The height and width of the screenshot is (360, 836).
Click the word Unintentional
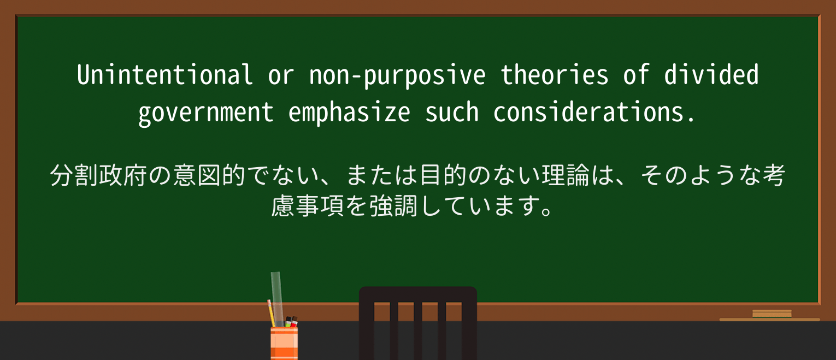point(164,75)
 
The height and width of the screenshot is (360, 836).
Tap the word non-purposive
point(397,75)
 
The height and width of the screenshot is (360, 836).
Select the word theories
point(555,75)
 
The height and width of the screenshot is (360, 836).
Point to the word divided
point(711,75)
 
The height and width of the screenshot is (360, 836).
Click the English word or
point(281,75)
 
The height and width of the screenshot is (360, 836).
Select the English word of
point(637,75)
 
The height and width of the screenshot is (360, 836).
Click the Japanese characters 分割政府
point(91,176)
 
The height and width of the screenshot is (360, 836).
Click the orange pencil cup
point(284,343)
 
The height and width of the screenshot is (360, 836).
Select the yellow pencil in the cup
point(271,314)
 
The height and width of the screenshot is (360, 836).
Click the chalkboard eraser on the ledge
point(772,314)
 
